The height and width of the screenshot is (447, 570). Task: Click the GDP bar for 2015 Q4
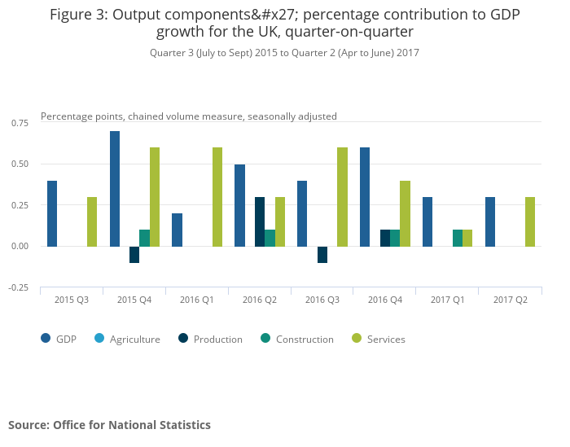pyautogui.click(x=115, y=188)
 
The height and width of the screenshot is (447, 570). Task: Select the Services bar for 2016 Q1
pyautogui.click(x=217, y=196)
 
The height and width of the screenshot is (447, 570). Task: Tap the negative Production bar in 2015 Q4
pyautogui.click(x=134, y=254)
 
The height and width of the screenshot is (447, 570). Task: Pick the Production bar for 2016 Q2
pyautogui.click(x=260, y=221)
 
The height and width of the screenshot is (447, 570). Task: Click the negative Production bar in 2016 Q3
pyautogui.click(x=322, y=254)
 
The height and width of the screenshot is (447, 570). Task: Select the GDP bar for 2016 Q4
pyautogui.click(x=365, y=196)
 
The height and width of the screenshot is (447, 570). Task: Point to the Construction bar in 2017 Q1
pyautogui.click(x=458, y=238)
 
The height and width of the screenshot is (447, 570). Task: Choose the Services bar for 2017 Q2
pyautogui.click(x=530, y=221)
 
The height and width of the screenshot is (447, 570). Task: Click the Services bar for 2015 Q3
pyautogui.click(x=92, y=221)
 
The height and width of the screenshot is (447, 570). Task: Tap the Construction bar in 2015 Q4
pyautogui.click(x=144, y=238)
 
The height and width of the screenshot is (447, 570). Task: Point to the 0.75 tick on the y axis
pyautogui.click(x=19, y=123)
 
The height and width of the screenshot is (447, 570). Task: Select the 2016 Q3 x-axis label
pyautogui.click(x=322, y=300)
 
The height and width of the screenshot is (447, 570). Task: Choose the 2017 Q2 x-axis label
pyautogui.click(x=510, y=300)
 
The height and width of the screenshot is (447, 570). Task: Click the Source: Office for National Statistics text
pyautogui.click(x=109, y=425)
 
